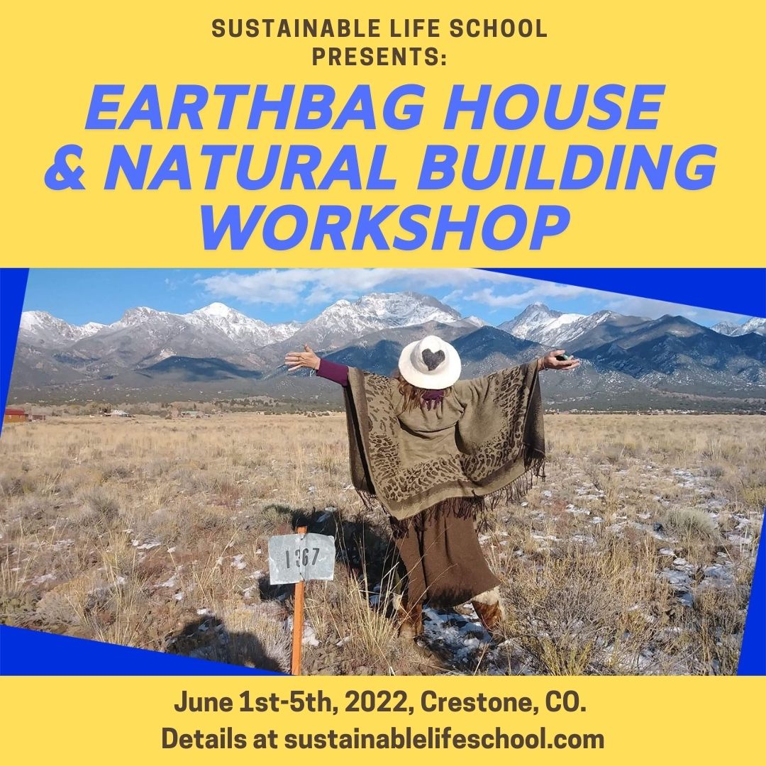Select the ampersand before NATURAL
[65, 167]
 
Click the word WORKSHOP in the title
[384, 228]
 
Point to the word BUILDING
[567, 167]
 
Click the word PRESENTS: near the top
[379, 57]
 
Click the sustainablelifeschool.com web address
[444, 738]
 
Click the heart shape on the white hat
[433, 359]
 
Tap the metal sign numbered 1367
[301, 558]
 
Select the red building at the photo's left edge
[15, 415]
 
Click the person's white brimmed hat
[429, 362]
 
